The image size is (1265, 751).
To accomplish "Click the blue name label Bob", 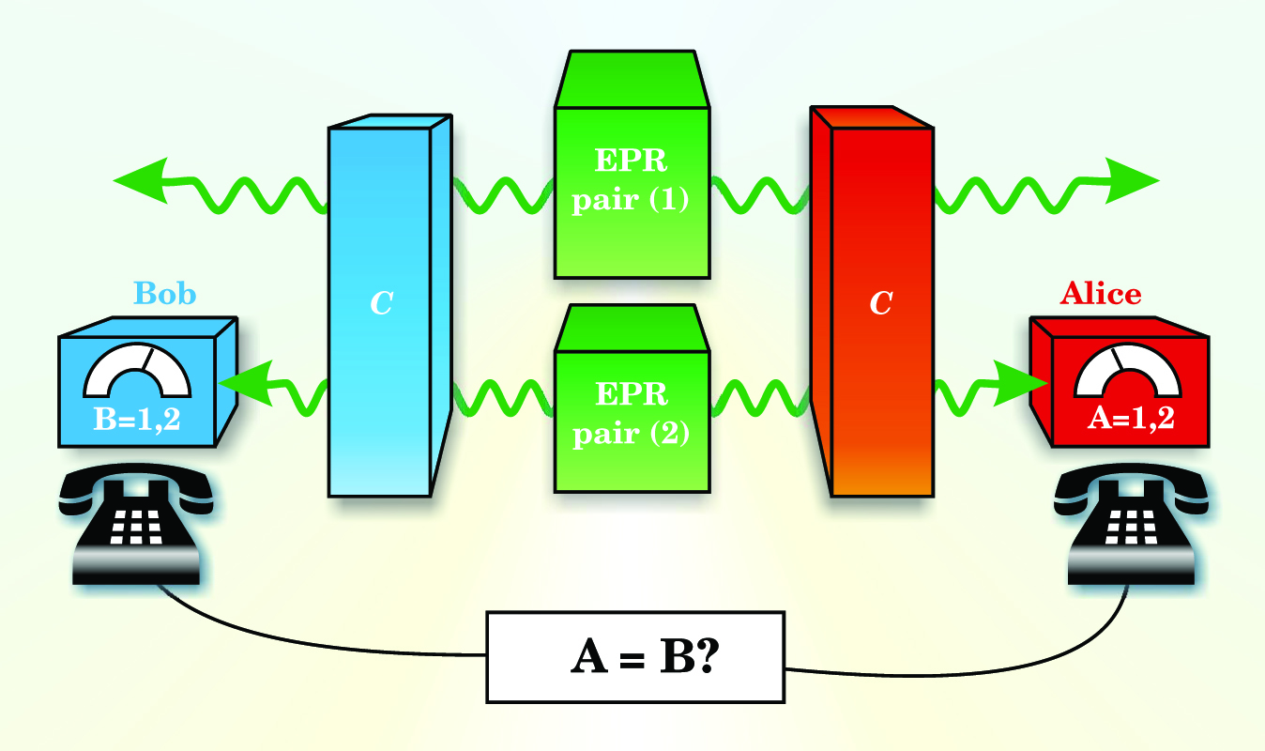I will click(165, 294).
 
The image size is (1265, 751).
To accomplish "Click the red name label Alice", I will click(1100, 294).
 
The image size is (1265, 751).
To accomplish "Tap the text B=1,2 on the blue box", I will click(137, 419).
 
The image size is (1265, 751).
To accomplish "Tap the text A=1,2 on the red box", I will click(1129, 419).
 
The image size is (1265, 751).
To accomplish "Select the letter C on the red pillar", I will click(880, 304).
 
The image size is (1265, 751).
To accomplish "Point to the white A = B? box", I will click(635, 657).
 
